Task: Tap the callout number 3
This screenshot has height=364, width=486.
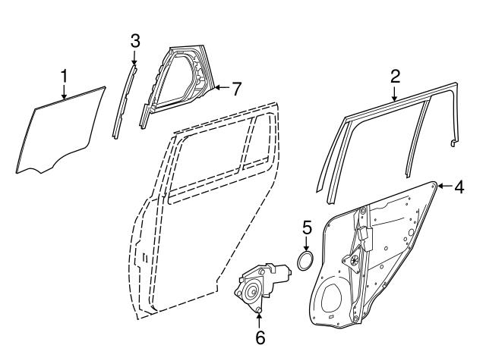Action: click(134, 41)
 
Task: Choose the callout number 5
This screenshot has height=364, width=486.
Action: click(307, 227)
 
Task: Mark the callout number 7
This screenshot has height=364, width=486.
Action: click(236, 89)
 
